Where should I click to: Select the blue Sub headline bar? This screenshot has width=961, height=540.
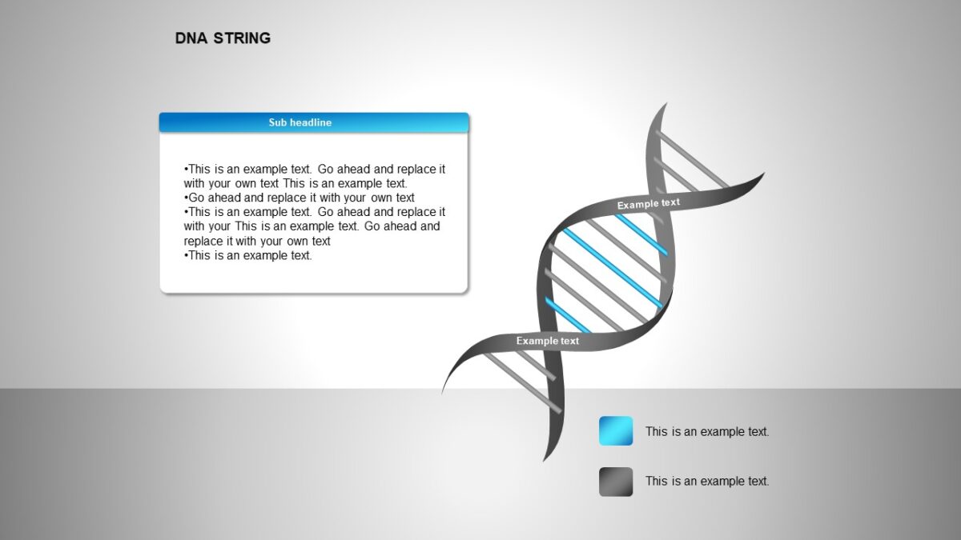click(314, 122)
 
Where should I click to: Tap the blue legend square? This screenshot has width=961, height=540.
click(616, 431)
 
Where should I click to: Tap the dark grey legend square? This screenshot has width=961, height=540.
click(616, 482)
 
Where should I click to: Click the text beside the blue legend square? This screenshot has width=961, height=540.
click(707, 432)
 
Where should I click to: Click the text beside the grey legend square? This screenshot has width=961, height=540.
click(707, 482)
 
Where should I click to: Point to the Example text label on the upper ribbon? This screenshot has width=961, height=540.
click(648, 204)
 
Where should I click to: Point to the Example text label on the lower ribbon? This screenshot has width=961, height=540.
click(547, 341)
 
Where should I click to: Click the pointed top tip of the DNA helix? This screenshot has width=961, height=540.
click(665, 105)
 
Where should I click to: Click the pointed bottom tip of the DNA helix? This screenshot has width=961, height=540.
click(545, 459)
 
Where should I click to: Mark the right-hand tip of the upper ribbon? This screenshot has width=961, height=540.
click(762, 175)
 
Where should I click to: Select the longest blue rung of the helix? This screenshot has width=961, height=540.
click(613, 268)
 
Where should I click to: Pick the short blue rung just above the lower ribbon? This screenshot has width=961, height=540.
click(568, 315)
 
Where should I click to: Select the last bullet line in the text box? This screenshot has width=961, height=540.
click(248, 256)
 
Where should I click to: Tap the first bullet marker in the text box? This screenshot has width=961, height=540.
click(186, 170)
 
